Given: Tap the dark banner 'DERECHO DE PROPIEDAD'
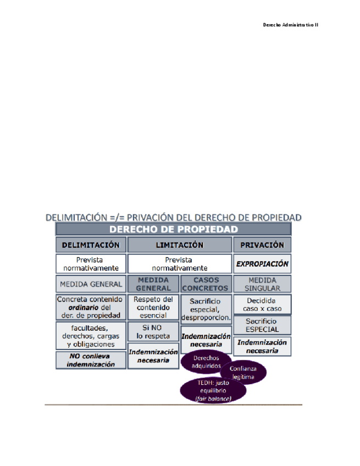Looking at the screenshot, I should (x=174, y=229).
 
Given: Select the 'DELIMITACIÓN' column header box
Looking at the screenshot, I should (x=91, y=245).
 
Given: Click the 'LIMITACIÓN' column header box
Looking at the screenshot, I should (x=179, y=245).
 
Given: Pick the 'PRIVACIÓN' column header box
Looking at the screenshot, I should (x=262, y=245).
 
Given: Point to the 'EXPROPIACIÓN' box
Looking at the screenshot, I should (x=262, y=264).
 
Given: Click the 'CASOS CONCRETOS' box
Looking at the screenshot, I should (x=205, y=284).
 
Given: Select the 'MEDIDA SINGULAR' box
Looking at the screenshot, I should (x=262, y=284).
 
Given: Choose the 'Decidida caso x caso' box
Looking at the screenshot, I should (x=262, y=304).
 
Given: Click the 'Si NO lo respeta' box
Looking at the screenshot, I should (x=153, y=331).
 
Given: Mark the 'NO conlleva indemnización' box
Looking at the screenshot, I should (x=91, y=360).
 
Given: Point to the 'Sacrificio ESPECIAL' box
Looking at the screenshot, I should (x=262, y=325).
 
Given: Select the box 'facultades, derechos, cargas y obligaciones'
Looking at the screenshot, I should (x=91, y=336).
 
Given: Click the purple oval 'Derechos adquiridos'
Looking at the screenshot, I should (x=206, y=362).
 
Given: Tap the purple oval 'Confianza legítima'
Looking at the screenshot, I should (x=243, y=373).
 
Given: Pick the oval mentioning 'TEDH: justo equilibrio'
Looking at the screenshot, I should (x=213, y=390).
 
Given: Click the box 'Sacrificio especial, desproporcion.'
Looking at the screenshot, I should (x=205, y=309).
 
